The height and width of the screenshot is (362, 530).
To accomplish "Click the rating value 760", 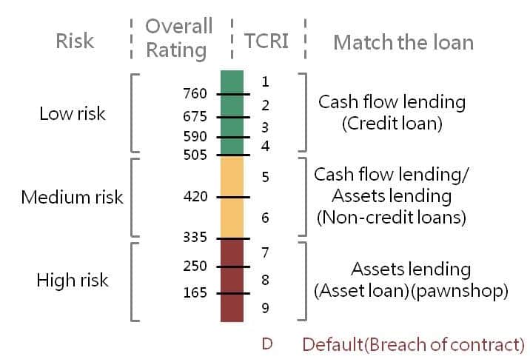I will tap(195, 94).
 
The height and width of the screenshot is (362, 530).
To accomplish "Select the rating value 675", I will tap(195, 116).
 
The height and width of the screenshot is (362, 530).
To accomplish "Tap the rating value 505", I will tap(195, 155).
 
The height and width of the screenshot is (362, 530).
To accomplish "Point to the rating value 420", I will tap(195, 197).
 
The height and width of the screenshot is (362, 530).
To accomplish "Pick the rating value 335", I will tap(195, 238).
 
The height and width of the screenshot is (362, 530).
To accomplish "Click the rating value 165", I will tap(195, 293).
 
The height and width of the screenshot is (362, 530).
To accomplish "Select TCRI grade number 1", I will tap(265, 81).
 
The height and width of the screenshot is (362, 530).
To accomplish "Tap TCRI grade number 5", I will tap(265, 177).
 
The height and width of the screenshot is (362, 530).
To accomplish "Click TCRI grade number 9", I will tap(265, 308).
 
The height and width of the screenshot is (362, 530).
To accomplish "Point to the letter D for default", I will tap(268, 344).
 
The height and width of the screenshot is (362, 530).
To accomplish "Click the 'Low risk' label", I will tap(73, 114).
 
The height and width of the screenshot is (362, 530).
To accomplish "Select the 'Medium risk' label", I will tap(73, 198).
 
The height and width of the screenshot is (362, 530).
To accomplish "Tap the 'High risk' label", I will tap(73, 281).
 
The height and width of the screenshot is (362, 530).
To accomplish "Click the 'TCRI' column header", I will tap(266, 41).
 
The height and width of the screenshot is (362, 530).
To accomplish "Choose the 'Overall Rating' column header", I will tap(178, 38).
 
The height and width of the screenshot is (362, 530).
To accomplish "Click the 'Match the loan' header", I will tap(403, 42).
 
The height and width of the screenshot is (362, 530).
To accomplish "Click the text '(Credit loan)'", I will tap(392, 123).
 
